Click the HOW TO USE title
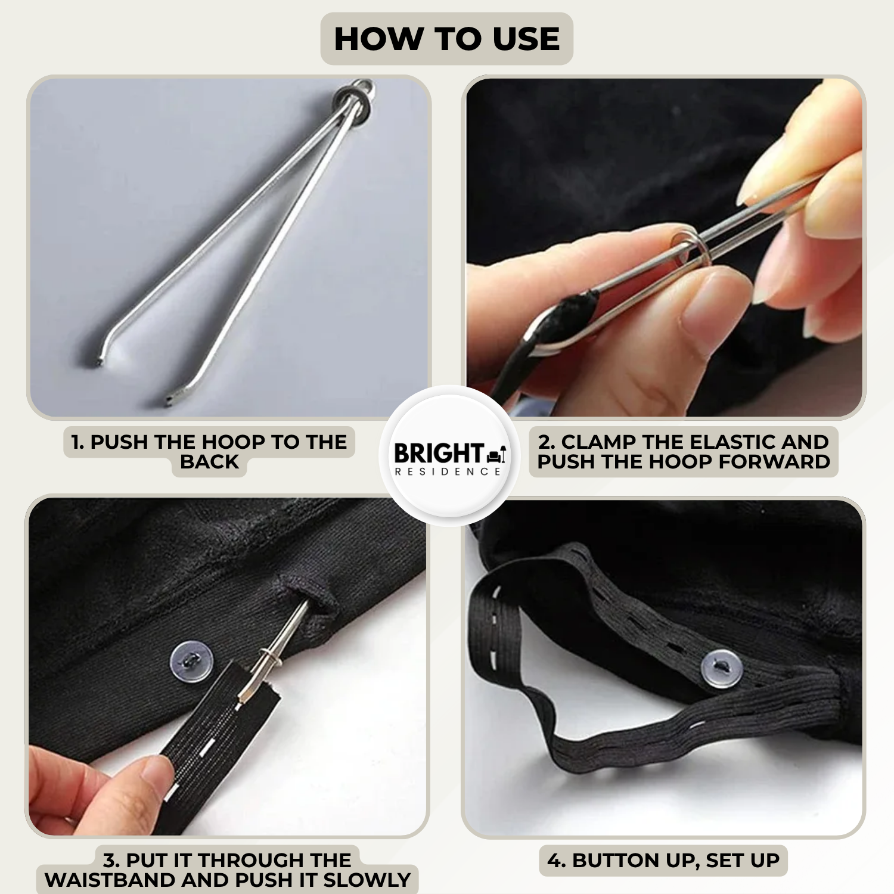pyautogui.click(x=447, y=39)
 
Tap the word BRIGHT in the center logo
pyautogui.click(x=438, y=453)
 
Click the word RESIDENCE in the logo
pyautogui.click(x=448, y=471)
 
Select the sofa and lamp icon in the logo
pyautogui.click(x=497, y=455)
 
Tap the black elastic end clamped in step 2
pyautogui.click(x=569, y=316)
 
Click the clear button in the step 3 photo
pyautogui.click(x=191, y=660)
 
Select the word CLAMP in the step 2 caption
pyautogui.click(x=598, y=442)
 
